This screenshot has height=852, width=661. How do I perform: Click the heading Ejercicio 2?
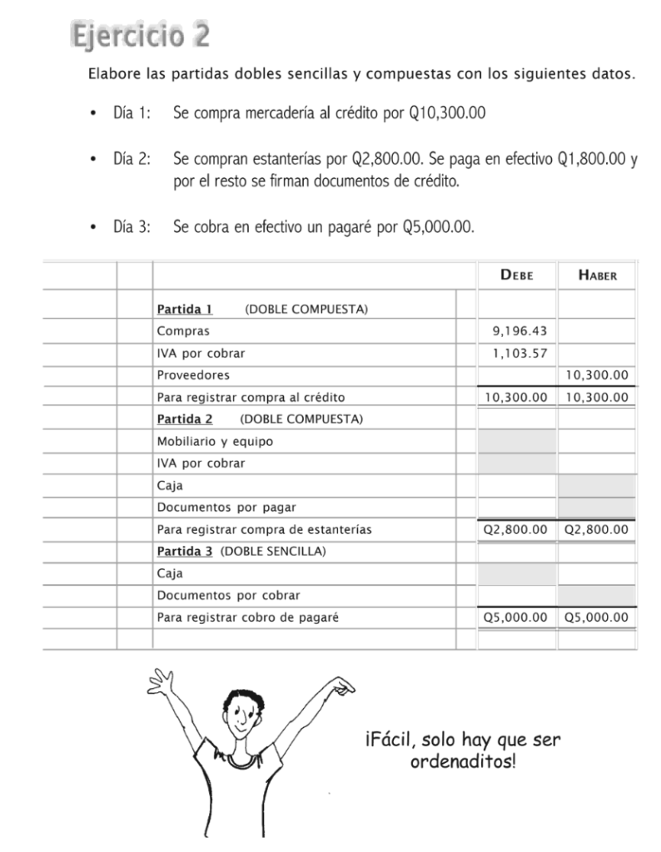pos(140,37)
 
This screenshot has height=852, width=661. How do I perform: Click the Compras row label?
pos(179,331)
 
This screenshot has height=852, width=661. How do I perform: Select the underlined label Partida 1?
pos(185,310)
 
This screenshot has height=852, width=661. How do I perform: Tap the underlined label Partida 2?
pos(185,419)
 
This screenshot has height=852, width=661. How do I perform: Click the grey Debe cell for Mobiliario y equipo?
pos(516,441)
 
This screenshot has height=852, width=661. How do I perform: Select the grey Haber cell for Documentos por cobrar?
pos(597,595)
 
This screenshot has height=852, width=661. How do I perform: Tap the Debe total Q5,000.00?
pos(516,617)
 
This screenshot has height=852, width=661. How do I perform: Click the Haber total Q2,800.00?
pos(597,529)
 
